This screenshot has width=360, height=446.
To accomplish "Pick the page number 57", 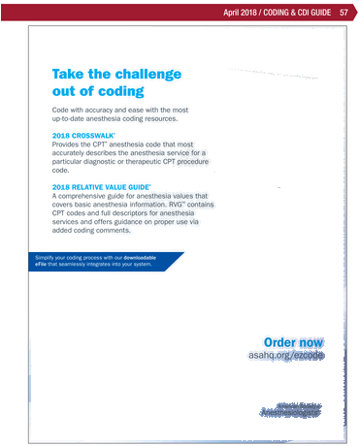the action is pos(344,13).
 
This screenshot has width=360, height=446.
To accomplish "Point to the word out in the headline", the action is pos(64,90).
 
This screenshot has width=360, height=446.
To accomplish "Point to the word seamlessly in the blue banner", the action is pos(88,264).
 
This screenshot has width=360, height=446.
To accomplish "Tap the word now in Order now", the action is pos(311,341).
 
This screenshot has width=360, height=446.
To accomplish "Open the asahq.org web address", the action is pos(286,356).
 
